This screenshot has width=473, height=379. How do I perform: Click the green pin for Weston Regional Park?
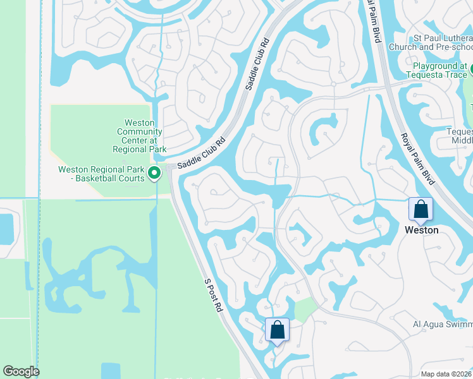coord(154,172)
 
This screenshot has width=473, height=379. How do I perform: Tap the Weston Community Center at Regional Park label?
coord(139,136)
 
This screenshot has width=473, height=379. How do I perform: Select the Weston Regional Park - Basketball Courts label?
coord(101,174)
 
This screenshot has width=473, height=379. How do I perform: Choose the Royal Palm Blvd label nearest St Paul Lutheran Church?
coord(376,22)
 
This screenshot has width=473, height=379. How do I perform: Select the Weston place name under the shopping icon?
coord(421,231)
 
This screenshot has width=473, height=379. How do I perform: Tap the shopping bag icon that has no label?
coord(277,330)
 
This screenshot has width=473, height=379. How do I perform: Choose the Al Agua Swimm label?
coord(443,325)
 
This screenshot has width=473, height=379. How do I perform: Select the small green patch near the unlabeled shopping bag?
coord(305,310)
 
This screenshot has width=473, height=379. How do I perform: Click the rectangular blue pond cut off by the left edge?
coord(6,227)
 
